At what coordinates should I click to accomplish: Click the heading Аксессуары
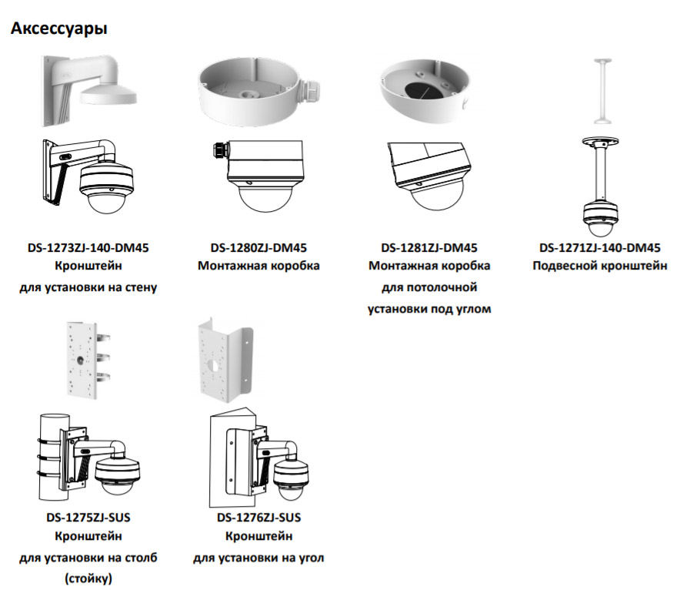point(58,29)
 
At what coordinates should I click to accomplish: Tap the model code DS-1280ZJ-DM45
point(258,248)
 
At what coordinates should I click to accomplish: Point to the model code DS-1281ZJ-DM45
point(429,248)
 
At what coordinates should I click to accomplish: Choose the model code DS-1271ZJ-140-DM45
point(600,248)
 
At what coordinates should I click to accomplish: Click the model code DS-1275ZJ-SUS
point(88,517)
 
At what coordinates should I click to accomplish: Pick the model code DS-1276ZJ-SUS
point(258,517)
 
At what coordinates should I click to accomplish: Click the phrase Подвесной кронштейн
point(600,267)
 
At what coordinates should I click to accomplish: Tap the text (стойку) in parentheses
point(88,577)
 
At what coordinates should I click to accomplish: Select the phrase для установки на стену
point(88,288)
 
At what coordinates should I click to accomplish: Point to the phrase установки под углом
point(429,309)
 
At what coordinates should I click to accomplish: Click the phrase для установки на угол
point(258,557)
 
